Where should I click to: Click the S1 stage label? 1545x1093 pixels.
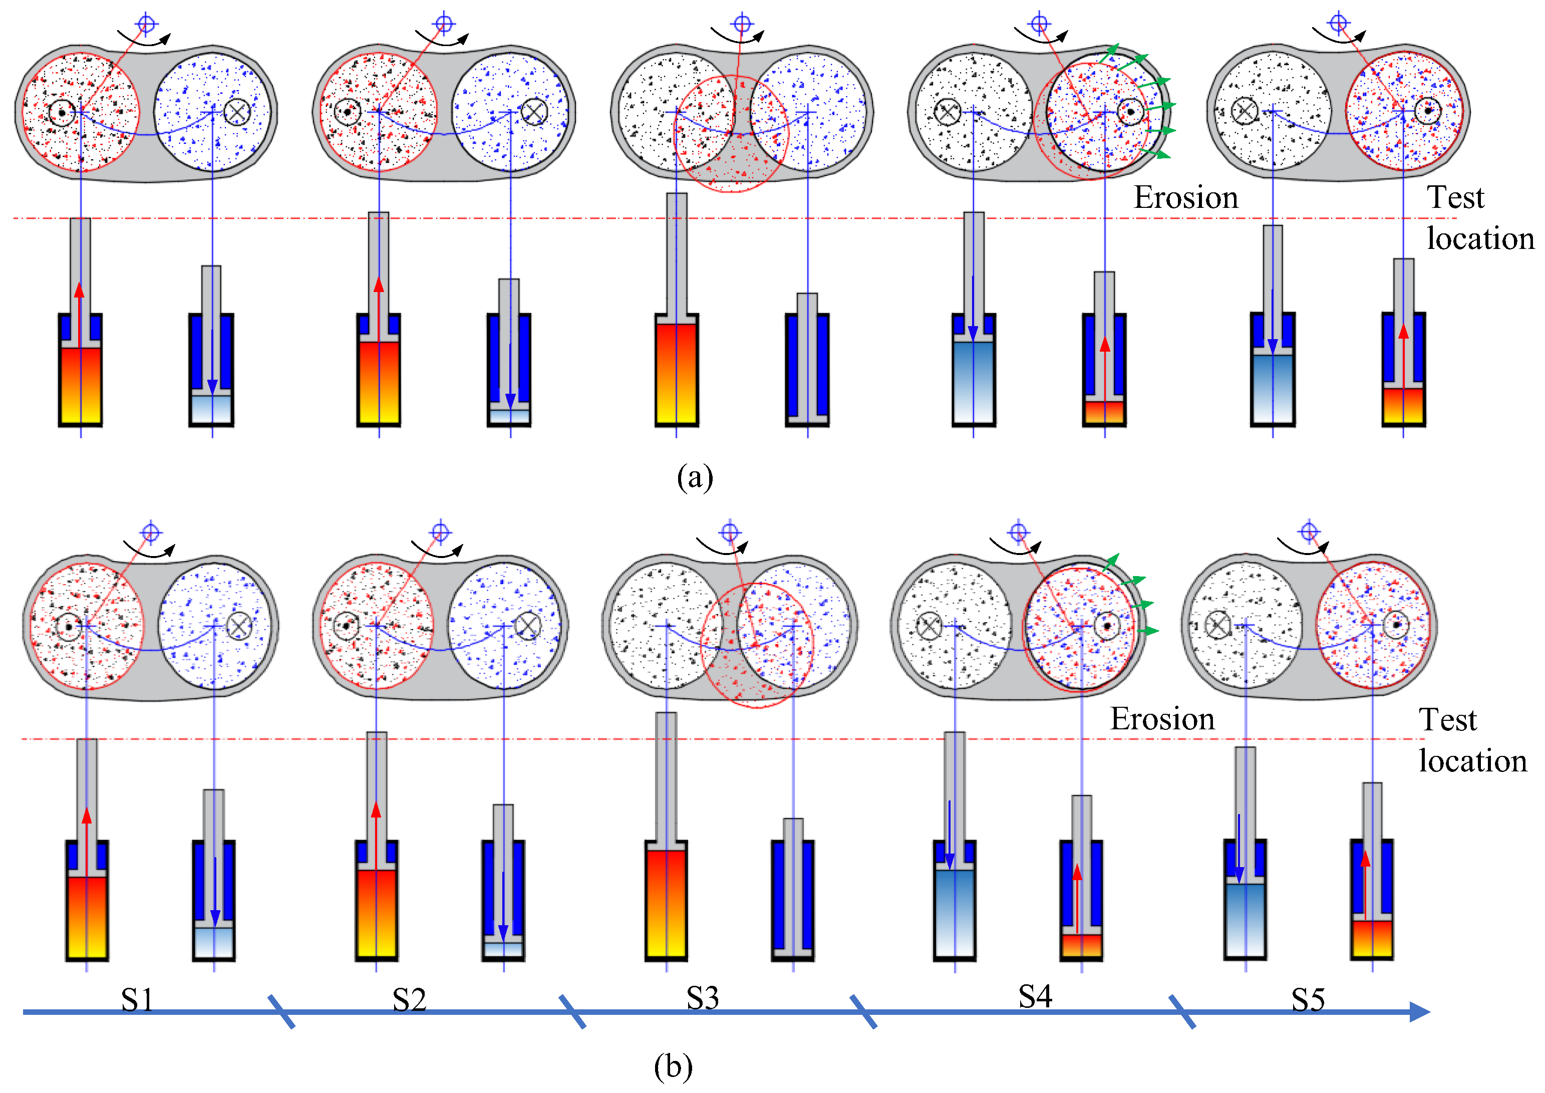click(137, 1000)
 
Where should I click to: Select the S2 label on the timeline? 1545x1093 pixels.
click(409, 1000)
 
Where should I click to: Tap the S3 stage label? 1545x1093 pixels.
click(703, 998)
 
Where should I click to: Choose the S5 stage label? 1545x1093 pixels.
click(1308, 1000)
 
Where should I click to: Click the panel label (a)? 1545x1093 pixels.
click(695, 478)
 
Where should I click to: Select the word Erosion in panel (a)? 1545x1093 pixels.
click(1185, 198)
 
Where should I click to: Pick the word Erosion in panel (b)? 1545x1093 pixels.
click(1162, 719)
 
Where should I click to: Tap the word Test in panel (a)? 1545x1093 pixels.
click(1455, 198)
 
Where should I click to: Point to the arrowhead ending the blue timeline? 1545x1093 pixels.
click(1419, 1011)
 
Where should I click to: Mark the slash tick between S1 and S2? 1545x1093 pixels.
click(281, 1011)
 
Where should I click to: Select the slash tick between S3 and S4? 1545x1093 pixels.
click(863, 1011)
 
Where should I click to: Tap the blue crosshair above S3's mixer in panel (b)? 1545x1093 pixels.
click(730, 533)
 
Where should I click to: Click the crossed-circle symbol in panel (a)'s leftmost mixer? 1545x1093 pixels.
click(237, 112)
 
